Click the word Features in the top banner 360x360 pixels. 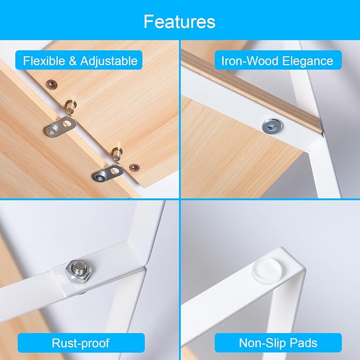pos(180,22)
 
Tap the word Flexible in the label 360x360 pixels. pos(44,61)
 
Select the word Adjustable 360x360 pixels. pos(109,62)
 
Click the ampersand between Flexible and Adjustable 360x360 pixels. pos(73,61)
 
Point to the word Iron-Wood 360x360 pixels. pos(250,61)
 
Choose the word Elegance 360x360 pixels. pos(308,62)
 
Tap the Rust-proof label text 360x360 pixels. pos(81,343)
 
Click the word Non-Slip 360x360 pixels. pos(262,343)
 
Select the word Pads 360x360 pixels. pos(303,343)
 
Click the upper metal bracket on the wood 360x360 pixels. pos(60,127)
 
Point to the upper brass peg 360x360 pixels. pos(71,107)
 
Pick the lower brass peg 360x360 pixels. pos(117,153)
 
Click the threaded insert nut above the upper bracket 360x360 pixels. pos(51,85)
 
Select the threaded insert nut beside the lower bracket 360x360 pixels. pos(134,168)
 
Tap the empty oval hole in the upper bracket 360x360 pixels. pos(67,124)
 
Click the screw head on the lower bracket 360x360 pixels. pos(100,178)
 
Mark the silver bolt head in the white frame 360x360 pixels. pos(273,126)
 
